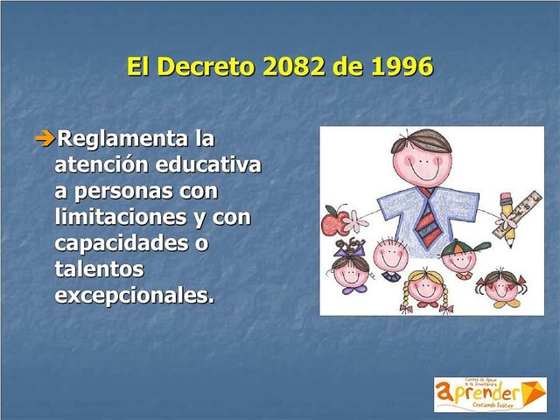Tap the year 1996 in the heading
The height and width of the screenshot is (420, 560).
(399, 66)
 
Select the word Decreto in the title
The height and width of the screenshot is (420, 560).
(206, 66)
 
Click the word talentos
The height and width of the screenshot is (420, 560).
(98, 268)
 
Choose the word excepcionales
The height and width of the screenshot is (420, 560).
(134, 294)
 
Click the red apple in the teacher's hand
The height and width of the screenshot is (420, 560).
(333, 222)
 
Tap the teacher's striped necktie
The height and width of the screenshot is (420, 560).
(429, 220)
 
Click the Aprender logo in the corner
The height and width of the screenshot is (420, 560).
(489, 394)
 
